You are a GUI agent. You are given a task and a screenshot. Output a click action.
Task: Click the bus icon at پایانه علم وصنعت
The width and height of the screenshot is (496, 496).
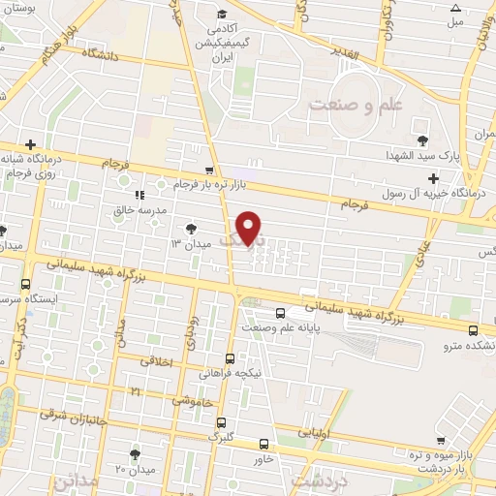(280, 312)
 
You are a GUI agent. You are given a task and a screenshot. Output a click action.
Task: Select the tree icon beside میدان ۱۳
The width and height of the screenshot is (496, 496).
(190, 230)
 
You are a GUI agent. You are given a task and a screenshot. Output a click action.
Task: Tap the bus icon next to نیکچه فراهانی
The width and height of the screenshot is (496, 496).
(230, 357)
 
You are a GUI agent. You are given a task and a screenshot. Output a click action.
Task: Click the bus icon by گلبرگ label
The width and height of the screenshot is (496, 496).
(222, 422)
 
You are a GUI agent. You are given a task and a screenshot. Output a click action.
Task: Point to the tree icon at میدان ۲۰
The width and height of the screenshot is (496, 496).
(134, 451)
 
